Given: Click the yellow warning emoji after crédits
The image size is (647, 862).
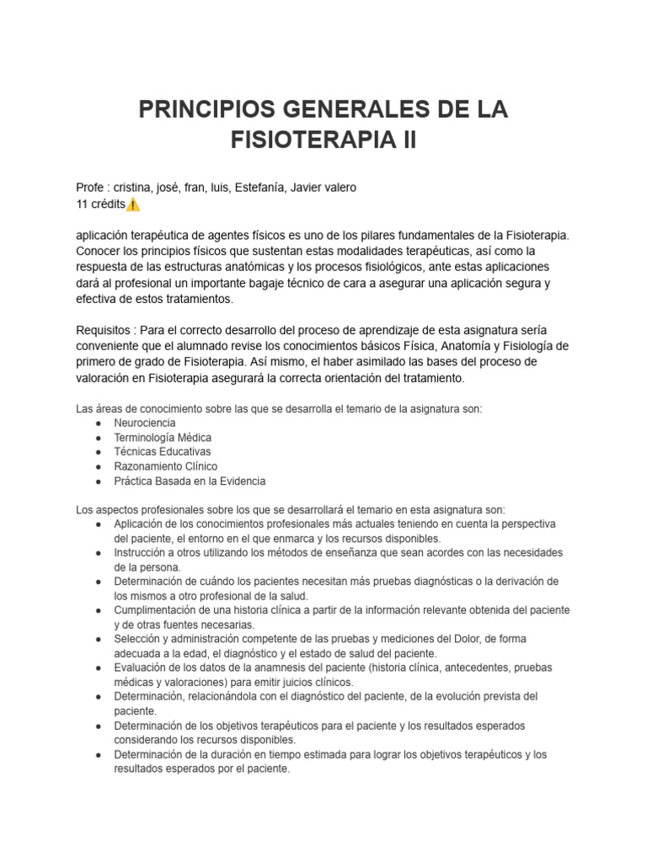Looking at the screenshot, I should [x=134, y=205].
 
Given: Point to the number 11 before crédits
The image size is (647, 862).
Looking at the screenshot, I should [x=83, y=205].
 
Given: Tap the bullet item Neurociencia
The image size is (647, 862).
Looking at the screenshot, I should [x=144, y=423].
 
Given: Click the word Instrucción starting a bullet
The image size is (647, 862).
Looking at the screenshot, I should [x=142, y=552].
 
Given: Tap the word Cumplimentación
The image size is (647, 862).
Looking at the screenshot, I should [x=158, y=609].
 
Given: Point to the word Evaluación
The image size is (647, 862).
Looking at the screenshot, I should [x=142, y=668].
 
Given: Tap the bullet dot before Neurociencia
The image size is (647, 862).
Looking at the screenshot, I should [x=99, y=423].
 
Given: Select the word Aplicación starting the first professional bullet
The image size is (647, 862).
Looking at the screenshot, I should [x=143, y=524].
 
